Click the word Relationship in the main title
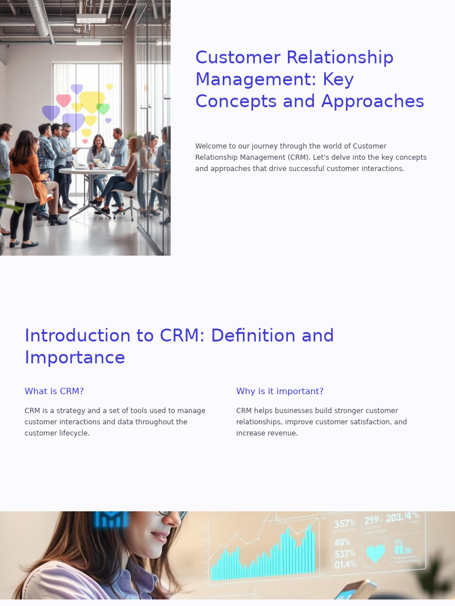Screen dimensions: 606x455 click(340, 57)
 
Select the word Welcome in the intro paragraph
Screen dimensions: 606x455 click(212, 146)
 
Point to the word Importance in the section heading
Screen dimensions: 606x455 click(75, 357)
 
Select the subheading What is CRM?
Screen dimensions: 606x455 click(54, 391)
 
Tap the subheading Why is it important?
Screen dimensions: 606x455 click(280, 391)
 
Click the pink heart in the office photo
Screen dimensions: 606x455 click(63, 100)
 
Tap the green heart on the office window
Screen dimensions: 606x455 click(103, 109)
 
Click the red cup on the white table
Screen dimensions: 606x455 click(91, 166)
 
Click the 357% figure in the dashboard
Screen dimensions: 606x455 click(344, 524)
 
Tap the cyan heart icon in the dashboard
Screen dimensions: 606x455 click(375, 553)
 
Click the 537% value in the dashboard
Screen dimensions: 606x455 click(344, 554)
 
